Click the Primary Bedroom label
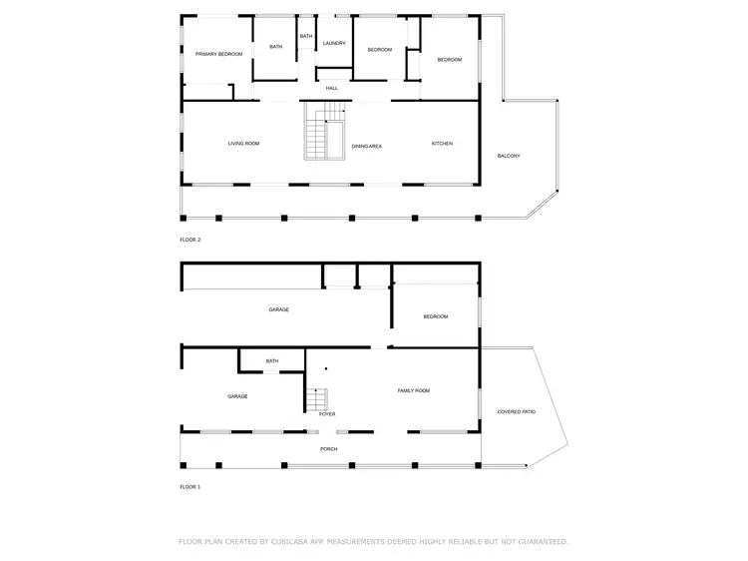point(218,54)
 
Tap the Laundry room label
point(334,43)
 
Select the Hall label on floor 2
point(332,88)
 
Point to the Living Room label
point(243,144)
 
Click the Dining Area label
point(366,147)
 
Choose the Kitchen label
point(442,144)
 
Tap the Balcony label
point(509,156)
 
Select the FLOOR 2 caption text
point(189,241)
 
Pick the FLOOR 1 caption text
point(189,487)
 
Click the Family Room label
point(414,390)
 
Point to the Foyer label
point(327,413)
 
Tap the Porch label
point(328,449)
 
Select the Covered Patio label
point(516,411)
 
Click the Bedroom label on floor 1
point(436,316)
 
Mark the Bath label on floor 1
point(272,361)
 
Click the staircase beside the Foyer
point(315,399)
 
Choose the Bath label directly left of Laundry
point(306,37)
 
